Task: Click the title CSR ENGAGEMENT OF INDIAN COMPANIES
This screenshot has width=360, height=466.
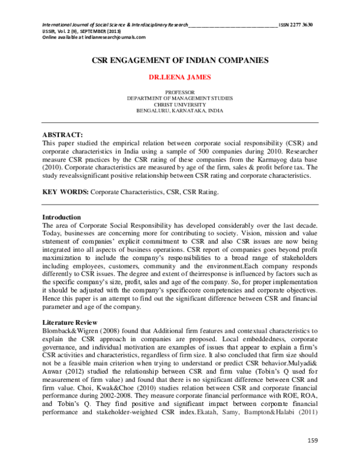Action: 180,61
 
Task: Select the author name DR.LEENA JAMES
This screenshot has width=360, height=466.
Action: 180,77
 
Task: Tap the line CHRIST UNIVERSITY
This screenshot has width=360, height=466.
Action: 180,103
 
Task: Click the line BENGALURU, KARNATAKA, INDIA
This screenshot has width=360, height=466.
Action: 180,110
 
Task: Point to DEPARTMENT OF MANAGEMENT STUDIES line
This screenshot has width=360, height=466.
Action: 180,97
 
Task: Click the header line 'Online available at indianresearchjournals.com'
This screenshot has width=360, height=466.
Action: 85,37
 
